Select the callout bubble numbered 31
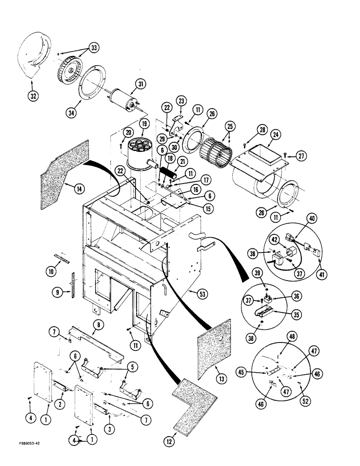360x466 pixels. [139, 84]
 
